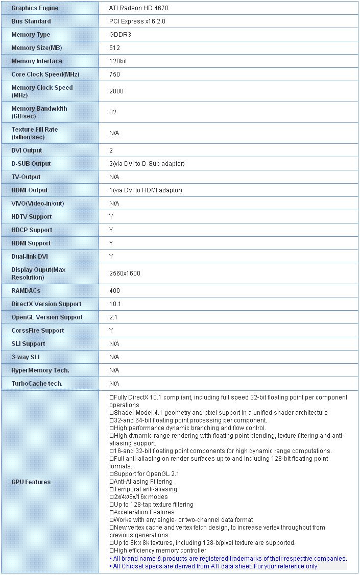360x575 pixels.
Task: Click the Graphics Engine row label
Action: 35,8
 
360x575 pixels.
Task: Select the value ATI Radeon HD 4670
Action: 138,8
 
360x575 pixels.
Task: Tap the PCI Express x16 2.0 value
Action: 137,21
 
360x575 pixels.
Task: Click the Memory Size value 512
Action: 114,48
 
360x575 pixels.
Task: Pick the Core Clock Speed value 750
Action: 114,74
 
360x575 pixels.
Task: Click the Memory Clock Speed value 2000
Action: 116,91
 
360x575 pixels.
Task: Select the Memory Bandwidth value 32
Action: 113,112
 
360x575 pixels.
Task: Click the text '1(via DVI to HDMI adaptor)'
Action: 146,190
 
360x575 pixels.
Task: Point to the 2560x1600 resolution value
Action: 125,273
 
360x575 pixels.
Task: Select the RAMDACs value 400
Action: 114,291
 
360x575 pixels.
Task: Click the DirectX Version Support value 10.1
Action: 115,304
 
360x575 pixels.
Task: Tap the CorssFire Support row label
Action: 38,331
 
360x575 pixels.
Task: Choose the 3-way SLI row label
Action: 26,357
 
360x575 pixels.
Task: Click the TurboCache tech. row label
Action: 37,384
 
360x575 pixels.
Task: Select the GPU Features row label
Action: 31,482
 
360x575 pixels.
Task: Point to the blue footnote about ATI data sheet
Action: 214,566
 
